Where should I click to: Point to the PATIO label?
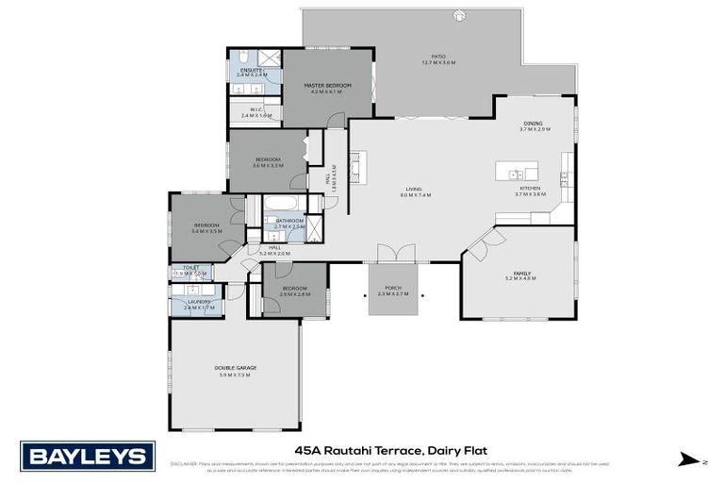438,57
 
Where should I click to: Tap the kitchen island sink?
515,174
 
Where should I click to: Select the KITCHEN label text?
530,188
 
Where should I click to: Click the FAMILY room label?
521,273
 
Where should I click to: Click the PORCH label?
393,288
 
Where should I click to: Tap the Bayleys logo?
87,457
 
